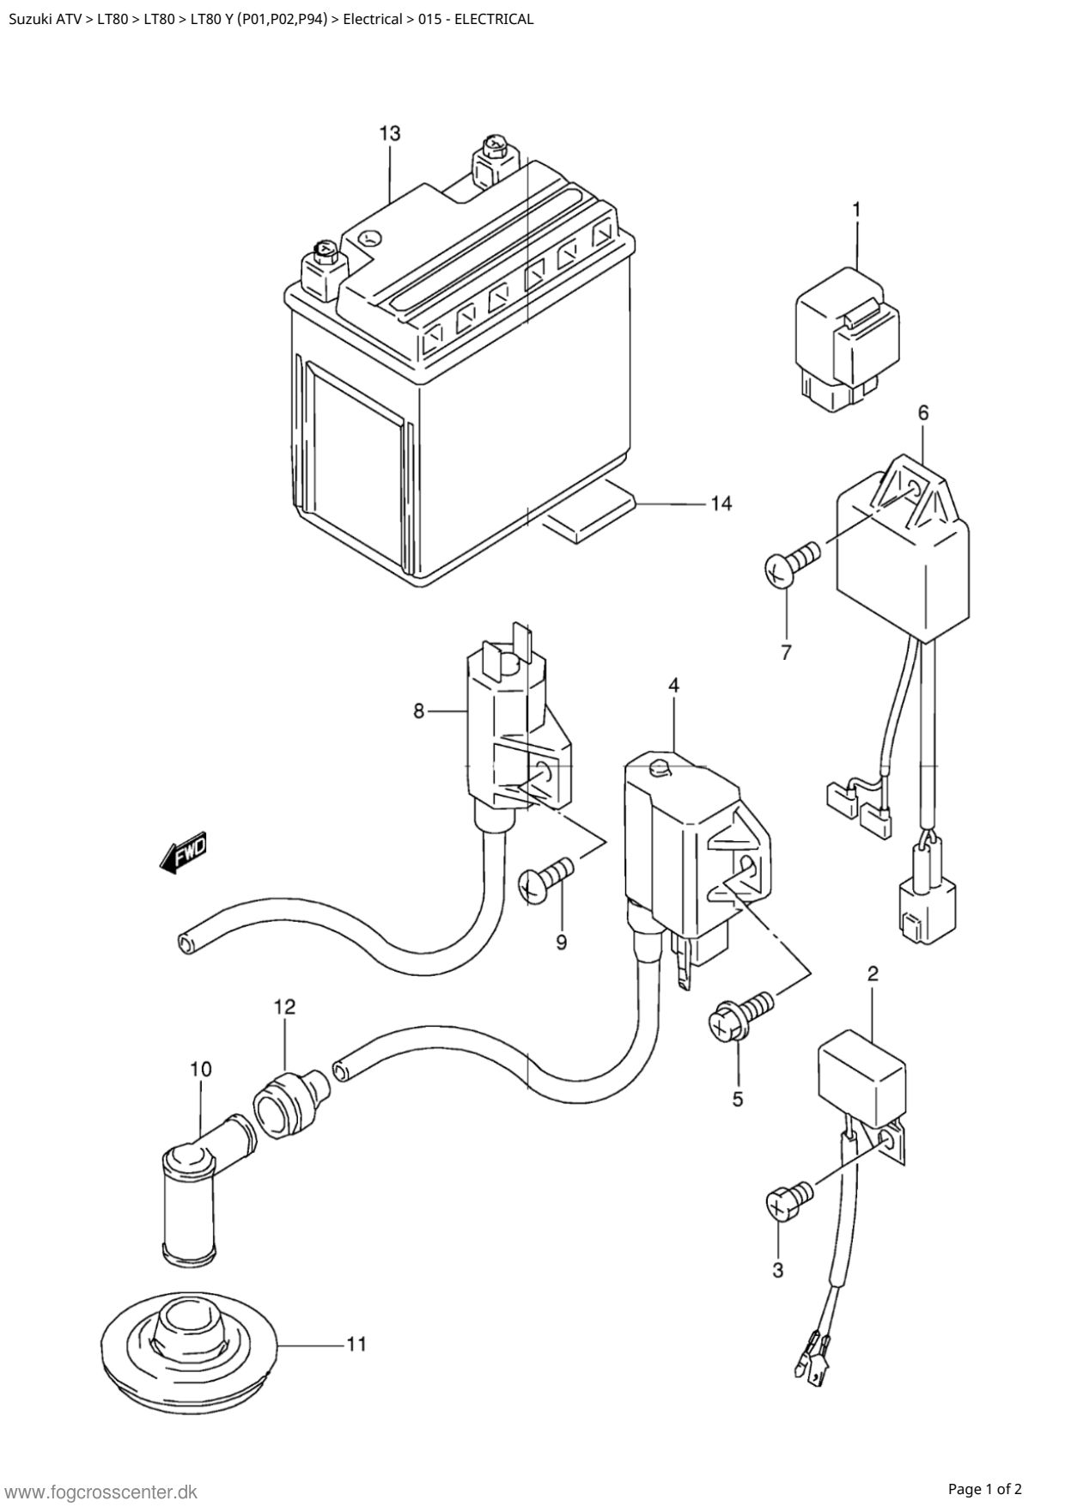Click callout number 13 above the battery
point(389,133)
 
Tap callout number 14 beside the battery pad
point(721,503)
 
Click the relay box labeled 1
point(847,339)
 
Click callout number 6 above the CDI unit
point(923,412)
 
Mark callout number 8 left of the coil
point(419,711)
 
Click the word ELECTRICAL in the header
point(493,19)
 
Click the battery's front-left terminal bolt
point(326,252)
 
